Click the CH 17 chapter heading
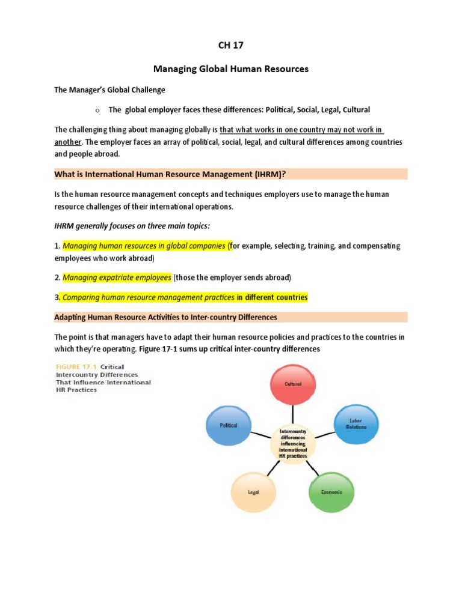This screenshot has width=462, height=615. tap(231, 46)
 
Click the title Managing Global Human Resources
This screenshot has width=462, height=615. tap(231, 69)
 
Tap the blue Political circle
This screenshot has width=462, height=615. tap(229, 425)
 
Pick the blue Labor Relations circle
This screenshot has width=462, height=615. tap(356, 424)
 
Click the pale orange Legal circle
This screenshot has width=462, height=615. tap(253, 492)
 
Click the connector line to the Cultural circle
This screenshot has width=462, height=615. tap(294, 413)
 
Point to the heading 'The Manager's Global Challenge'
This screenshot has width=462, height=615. tap(109, 89)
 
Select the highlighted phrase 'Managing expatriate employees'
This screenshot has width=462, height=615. tap(117, 277)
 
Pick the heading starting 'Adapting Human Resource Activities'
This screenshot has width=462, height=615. tap(166, 317)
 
